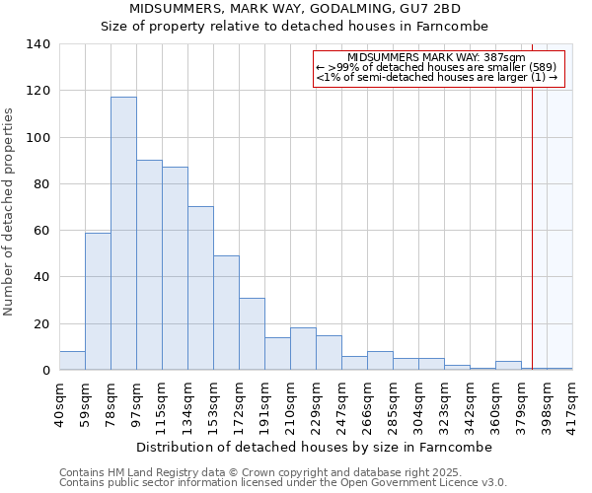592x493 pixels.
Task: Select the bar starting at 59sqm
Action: click(98, 302)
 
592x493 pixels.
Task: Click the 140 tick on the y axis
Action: click(37, 44)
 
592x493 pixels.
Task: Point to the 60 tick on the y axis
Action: click(41, 231)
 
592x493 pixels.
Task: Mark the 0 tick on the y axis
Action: click(45, 371)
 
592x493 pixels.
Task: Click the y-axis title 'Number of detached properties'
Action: click(9, 212)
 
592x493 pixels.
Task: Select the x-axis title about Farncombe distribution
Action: click(314, 447)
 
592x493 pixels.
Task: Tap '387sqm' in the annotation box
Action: click(503, 58)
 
